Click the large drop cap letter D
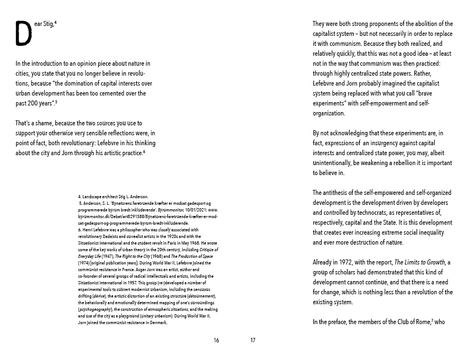24,33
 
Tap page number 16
216,340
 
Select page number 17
253,340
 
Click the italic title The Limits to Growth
420,262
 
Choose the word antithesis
340,193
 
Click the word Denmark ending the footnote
157,323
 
